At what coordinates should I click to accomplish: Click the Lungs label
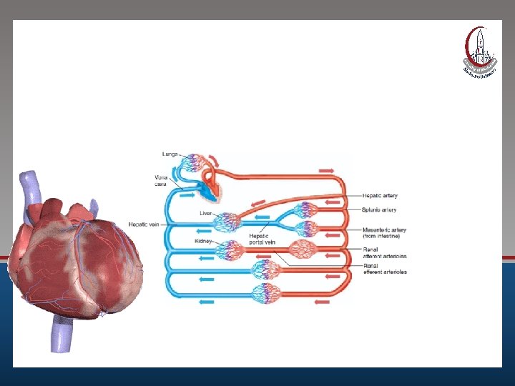(x=170, y=154)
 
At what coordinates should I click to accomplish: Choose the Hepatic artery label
(x=381, y=195)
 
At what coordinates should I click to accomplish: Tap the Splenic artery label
(x=380, y=210)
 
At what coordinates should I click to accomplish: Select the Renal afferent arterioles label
(x=385, y=252)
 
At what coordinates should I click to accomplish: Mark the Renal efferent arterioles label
(x=385, y=269)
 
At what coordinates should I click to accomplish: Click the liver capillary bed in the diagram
(x=229, y=223)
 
